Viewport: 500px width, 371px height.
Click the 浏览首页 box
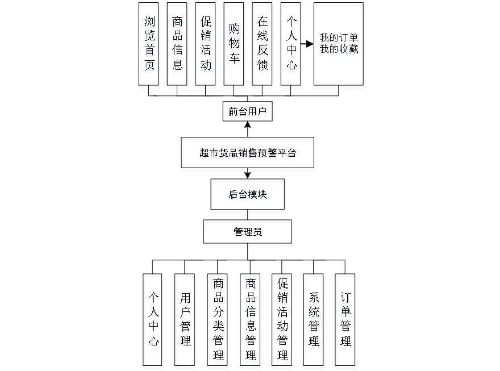(x=149, y=46)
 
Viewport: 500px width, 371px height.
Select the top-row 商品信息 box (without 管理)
(x=178, y=46)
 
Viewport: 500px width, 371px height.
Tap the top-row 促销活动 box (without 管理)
(x=206, y=46)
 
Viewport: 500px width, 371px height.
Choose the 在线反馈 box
(x=263, y=46)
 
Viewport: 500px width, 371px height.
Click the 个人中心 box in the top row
(x=291, y=46)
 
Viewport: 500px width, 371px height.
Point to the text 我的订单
(x=339, y=39)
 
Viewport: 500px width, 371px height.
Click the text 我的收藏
(x=339, y=49)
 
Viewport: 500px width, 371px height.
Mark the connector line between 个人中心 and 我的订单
(x=308, y=44)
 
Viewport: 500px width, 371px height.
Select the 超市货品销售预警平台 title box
(x=248, y=154)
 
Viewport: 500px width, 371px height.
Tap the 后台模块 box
(x=248, y=197)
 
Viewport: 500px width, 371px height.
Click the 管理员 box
(x=248, y=234)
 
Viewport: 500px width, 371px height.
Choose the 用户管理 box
(x=185, y=321)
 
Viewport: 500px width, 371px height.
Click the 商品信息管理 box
(x=251, y=321)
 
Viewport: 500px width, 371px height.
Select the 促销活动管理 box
(x=282, y=321)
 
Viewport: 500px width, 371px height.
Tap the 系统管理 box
(x=314, y=321)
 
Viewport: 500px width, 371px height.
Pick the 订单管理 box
(x=346, y=321)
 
